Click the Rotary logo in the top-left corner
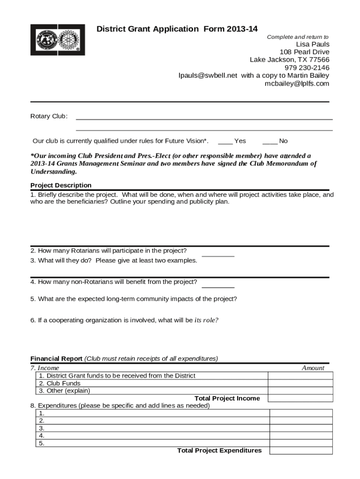click(58, 40)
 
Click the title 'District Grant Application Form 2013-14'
click(177, 29)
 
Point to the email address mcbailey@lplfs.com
click(297, 84)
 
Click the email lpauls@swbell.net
click(208, 76)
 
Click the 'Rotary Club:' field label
click(49, 116)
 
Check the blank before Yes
click(225, 141)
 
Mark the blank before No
click(270, 141)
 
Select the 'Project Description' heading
click(61, 185)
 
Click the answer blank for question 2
click(218, 254)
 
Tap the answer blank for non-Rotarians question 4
click(218, 285)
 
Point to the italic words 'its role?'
click(206, 320)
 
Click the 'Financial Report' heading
click(56, 359)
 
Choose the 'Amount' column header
click(313, 368)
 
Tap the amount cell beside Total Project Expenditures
click(301, 450)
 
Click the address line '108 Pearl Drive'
click(304, 52)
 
